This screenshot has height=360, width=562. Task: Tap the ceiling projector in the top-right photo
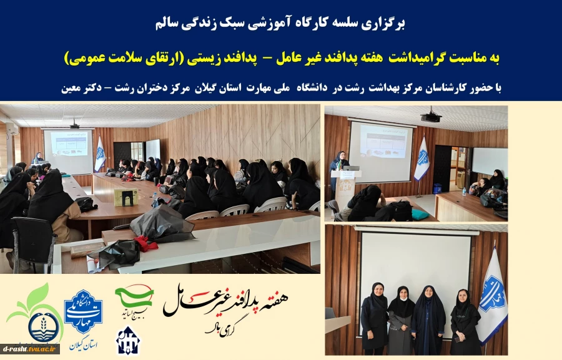(430, 116)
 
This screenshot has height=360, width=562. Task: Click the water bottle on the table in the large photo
(154, 199)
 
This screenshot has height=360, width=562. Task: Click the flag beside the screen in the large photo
(99, 154)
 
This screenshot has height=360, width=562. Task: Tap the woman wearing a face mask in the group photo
(401, 318)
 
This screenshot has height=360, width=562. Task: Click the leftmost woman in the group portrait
(374, 318)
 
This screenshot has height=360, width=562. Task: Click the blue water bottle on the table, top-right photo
(463, 190)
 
